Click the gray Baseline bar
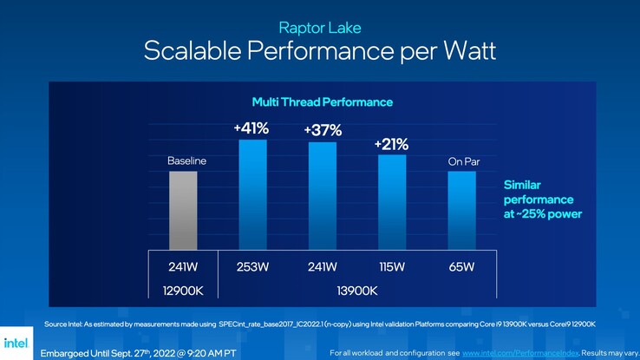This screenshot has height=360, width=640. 183,210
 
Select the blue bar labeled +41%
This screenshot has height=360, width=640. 252,194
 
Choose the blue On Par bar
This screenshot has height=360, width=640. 461,210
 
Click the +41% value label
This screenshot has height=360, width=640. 251,128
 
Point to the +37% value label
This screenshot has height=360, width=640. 323,131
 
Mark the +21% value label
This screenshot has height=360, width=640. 392,144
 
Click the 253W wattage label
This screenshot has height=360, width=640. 252,266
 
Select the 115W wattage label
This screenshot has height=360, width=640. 392,266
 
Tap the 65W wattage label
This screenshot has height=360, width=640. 461,266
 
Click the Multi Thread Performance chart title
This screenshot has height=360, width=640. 322,101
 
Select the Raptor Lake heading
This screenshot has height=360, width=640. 320,28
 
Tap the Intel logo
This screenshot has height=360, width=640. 16,344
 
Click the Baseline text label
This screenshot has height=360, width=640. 187,161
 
